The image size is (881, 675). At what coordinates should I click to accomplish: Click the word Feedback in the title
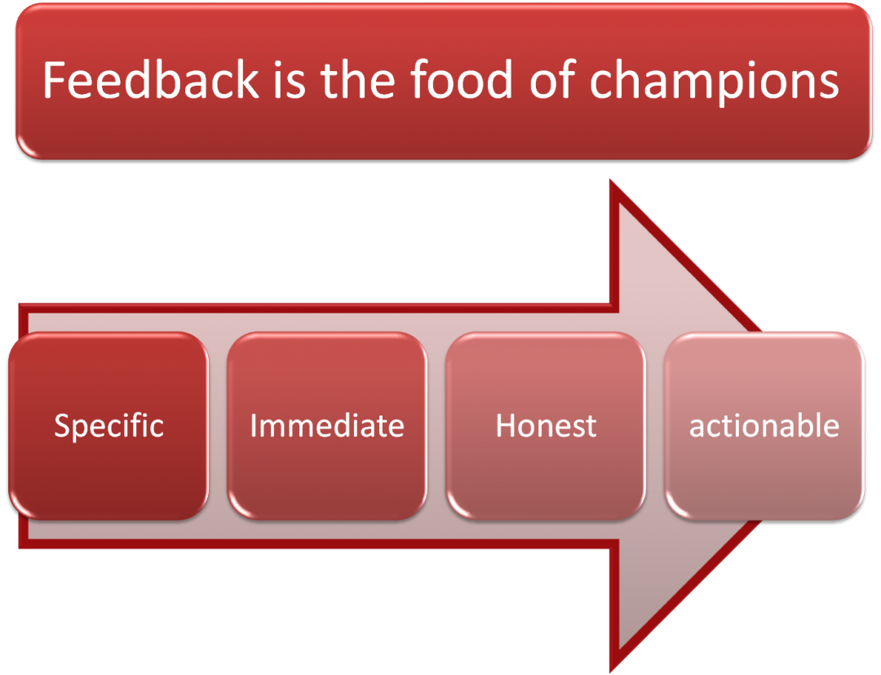151,79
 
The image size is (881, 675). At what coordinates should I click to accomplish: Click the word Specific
108,426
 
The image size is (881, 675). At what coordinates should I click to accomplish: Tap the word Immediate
326,425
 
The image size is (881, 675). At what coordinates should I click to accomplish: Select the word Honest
546,425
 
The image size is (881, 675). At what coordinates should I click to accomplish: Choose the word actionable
764,425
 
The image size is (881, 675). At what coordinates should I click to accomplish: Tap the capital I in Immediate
254,425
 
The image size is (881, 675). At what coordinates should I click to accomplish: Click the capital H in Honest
507,425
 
